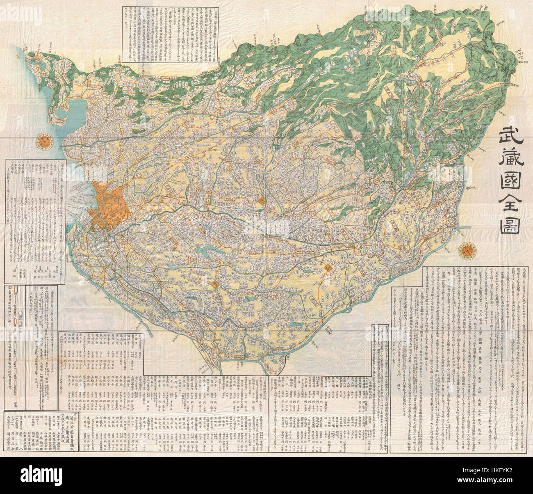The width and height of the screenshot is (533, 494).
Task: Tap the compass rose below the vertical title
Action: [x=467, y=250]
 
